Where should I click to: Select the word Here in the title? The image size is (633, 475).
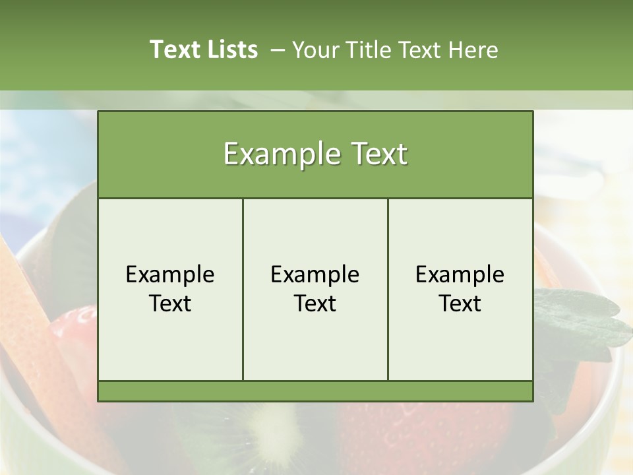tap(473, 50)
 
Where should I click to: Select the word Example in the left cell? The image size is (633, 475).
tap(170, 274)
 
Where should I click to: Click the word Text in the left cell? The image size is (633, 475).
tap(170, 303)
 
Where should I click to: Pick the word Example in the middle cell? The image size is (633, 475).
tap(315, 274)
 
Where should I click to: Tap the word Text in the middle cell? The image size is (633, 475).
tap(315, 303)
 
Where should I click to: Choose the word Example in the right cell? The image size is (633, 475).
tap(460, 274)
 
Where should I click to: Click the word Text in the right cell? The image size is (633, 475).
tap(460, 303)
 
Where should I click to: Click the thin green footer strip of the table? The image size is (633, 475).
tap(315, 391)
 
